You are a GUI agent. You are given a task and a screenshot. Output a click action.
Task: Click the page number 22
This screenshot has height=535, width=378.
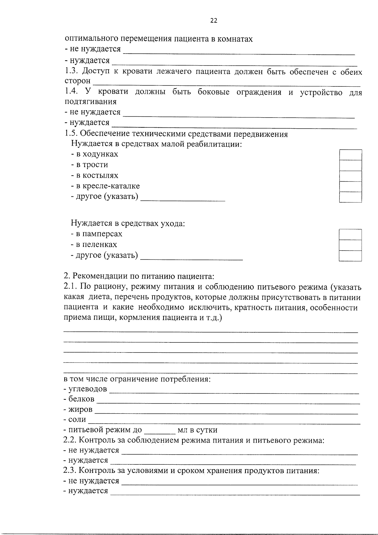pyautogui.click(x=214, y=21)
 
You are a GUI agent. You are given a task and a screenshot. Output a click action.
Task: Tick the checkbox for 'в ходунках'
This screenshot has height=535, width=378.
pyautogui.click(x=350, y=155)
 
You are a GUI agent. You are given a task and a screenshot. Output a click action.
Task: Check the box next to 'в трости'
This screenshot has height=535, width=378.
pyautogui.click(x=350, y=165)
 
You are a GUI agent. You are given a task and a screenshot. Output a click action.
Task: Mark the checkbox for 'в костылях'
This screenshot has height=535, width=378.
pyautogui.click(x=350, y=176)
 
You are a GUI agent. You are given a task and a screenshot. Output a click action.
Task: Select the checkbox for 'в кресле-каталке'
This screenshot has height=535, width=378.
pyautogui.click(x=350, y=186)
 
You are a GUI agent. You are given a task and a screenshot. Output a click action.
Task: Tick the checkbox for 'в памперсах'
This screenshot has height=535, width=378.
pyautogui.click(x=350, y=235)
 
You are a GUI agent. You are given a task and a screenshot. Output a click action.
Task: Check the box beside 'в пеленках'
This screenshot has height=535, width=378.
pyautogui.click(x=350, y=245)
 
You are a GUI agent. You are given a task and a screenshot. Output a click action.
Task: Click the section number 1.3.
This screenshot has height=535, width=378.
pyautogui.click(x=71, y=72)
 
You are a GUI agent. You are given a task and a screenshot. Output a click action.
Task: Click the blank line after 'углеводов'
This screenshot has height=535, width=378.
pyautogui.click(x=233, y=391)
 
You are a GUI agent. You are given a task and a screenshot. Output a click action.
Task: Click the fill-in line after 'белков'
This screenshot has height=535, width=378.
pyautogui.click(x=228, y=401)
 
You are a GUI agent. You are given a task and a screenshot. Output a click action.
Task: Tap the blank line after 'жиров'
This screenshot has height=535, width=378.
pyautogui.click(x=226, y=411)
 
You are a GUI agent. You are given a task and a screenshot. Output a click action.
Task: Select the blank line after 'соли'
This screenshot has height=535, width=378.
pyautogui.click(x=224, y=422)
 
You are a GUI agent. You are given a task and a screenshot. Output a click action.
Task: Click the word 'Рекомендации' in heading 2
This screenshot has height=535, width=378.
pyautogui.click(x=100, y=276)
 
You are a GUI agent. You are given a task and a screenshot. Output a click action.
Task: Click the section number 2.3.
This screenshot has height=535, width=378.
pyautogui.click(x=69, y=471)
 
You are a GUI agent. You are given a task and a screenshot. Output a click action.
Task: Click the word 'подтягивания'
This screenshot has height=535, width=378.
pyautogui.click(x=91, y=102)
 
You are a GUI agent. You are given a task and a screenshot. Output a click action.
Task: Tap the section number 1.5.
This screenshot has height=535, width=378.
pyautogui.click(x=71, y=134)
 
